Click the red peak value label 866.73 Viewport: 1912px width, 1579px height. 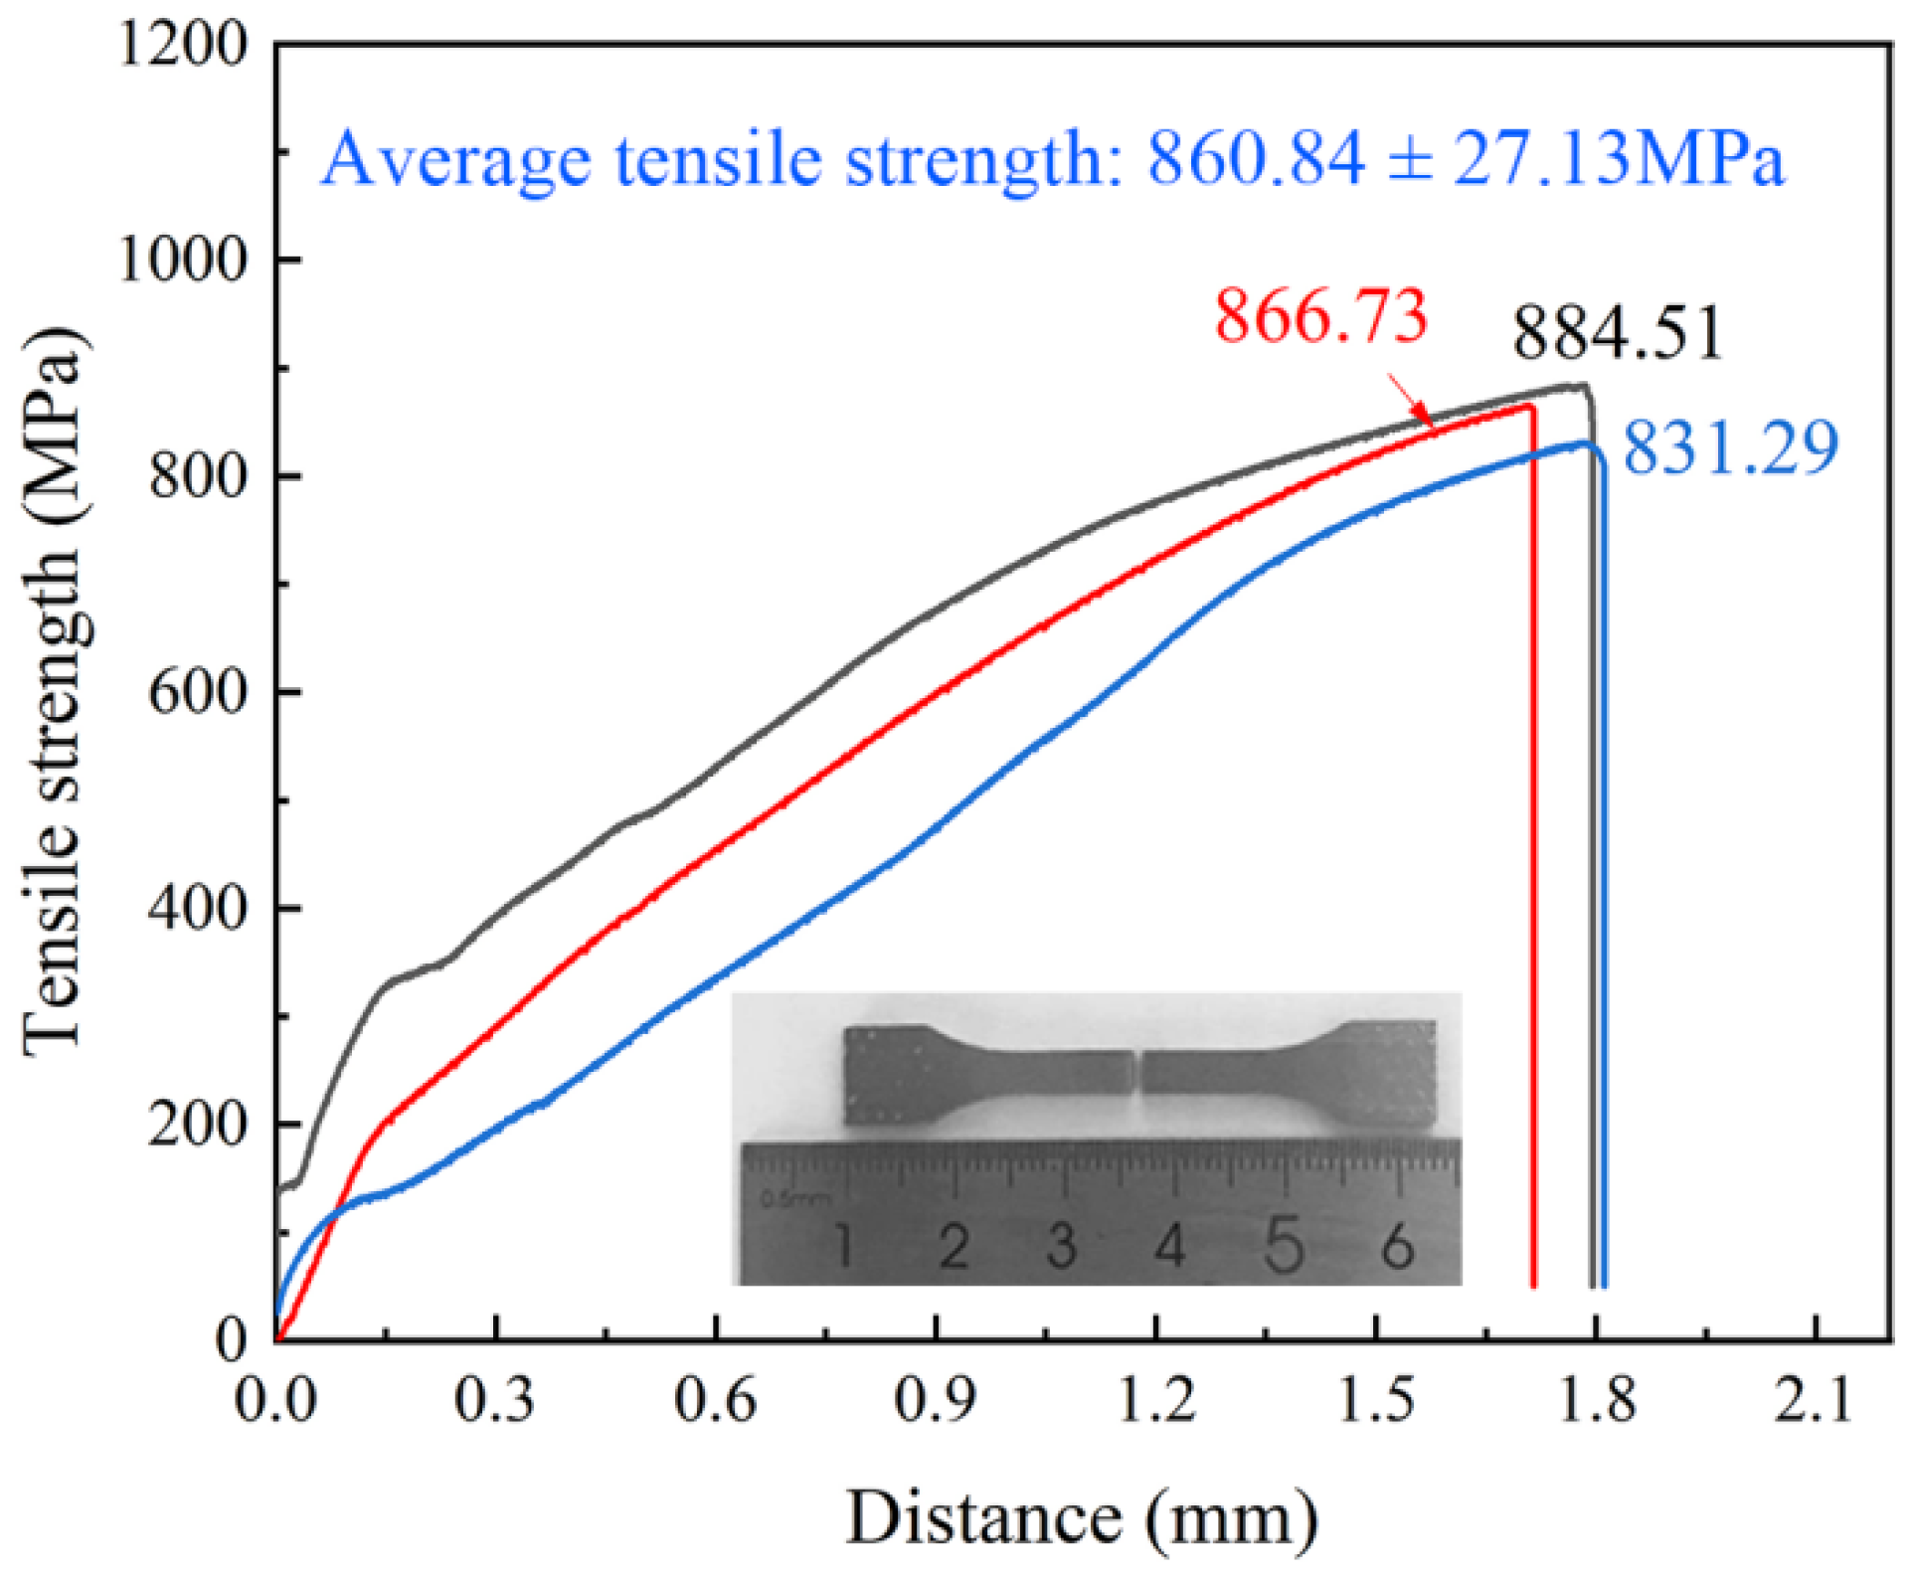click(x=1320, y=316)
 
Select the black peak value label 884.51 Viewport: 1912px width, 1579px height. click(x=1617, y=333)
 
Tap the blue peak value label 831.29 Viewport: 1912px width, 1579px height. click(x=1730, y=447)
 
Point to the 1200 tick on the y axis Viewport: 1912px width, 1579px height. click(x=182, y=45)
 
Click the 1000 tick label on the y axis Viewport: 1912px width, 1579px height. click(x=182, y=260)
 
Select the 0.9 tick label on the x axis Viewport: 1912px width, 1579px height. click(x=935, y=1400)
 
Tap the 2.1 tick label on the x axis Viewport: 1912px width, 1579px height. click(x=1815, y=1400)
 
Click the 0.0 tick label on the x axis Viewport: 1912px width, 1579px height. click(x=275, y=1400)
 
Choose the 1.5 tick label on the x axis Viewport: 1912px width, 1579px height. click(x=1375, y=1400)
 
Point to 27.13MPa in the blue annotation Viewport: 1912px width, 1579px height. click(x=1619, y=159)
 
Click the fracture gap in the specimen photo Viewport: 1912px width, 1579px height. click(x=1138, y=1071)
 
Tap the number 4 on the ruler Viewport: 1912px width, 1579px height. click(x=1170, y=1246)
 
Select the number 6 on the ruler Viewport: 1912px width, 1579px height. click(x=1397, y=1246)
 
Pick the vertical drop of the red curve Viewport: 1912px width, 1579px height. click(x=1533, y=845)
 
